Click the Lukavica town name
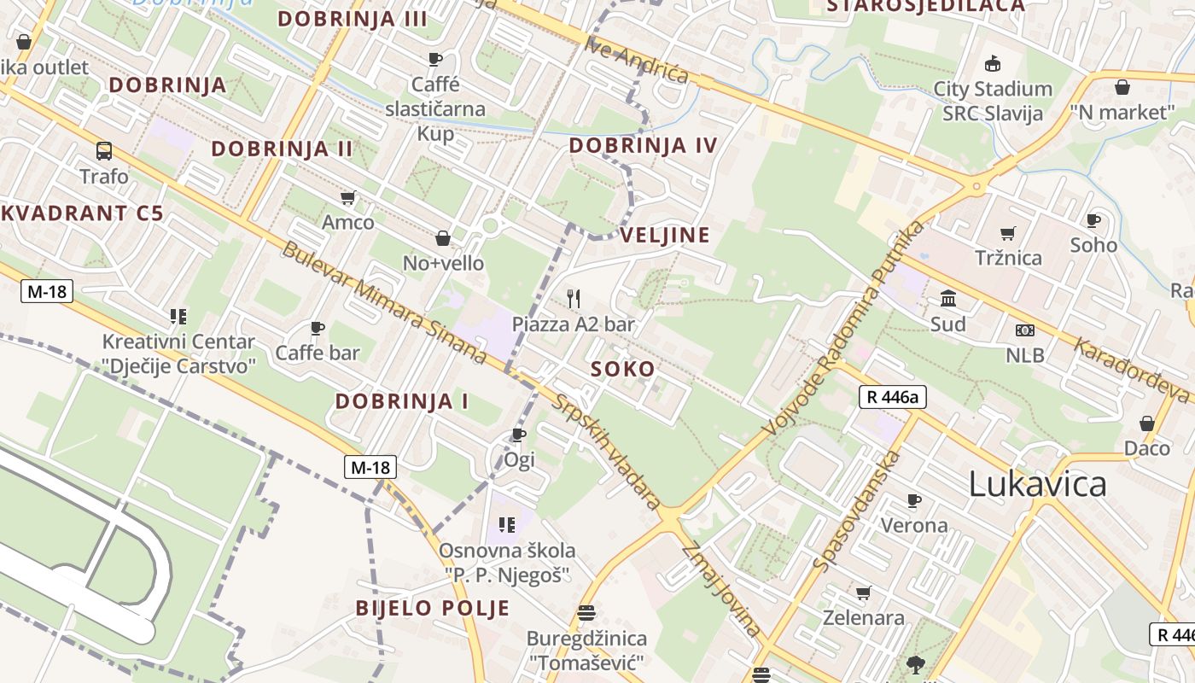pos(1037,484)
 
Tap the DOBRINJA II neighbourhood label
pos(282,149)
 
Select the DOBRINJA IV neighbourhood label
pos(644,145)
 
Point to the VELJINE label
pos(665,236)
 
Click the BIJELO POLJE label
pos(433,609)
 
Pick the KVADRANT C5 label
pos(81,213)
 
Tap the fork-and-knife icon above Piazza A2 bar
pos(574,299)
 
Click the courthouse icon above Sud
pos(948,299)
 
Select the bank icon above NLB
pos(1024,330)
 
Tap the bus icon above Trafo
pos(104,151)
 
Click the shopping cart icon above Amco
pos(347,198)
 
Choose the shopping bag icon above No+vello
pos(443,238)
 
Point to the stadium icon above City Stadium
pos(993,63)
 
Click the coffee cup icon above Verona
pos(914,500)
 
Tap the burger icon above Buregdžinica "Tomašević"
pos(586,612)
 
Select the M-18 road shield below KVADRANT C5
pos(46,292)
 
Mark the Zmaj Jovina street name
pos(722,589)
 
